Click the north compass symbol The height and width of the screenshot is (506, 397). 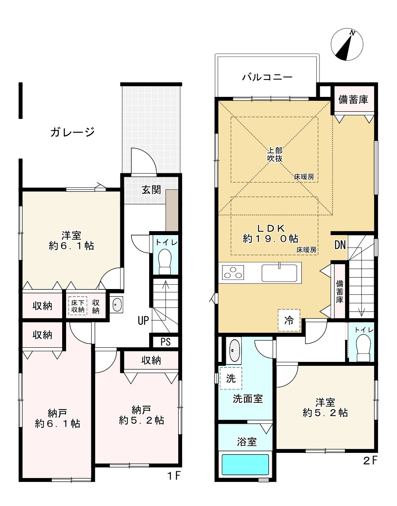tap(347, 44)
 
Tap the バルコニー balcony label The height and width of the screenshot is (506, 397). tap(267, 77)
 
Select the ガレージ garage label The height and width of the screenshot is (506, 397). tap(72, 132)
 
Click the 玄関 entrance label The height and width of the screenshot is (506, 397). tap(151, 190)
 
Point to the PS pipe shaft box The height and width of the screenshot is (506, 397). tap(165, 342)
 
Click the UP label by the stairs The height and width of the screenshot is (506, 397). tap(143, 321)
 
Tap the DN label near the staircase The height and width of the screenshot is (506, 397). tap(340, 245)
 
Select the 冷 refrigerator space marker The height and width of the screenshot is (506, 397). tap(289, 320)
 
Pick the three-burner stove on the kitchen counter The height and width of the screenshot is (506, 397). tap(233, 272)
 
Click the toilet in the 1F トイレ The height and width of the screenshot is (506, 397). tap(165, 261)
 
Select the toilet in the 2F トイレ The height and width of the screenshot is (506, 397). tap(363, 348)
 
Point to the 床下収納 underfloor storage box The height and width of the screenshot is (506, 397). tap(78, 306)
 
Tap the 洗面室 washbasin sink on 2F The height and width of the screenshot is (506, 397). tap(234, 350)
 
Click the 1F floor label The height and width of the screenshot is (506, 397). tap(174, 476)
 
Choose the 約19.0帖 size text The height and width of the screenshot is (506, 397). tap(271, 239)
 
